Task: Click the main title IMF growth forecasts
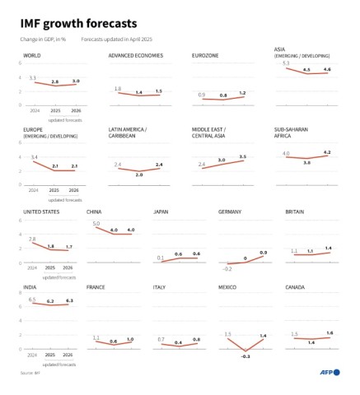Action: click(79, 22)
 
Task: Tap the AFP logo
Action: click(330, 372)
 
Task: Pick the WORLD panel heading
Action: click(32, 55)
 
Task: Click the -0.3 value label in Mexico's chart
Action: click(245, 355)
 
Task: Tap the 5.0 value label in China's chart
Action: click(96, 224)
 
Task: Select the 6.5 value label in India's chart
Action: click(32, 300)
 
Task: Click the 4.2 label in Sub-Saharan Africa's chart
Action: click(327, 151)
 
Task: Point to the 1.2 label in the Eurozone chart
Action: click(242, 93)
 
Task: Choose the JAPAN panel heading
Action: click(161, 211)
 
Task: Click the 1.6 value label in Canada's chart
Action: click(330, 332)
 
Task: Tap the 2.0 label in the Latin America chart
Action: click(138, 174)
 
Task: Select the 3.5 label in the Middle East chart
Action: click(242, 156)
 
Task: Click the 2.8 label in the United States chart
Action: click(32, 239)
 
